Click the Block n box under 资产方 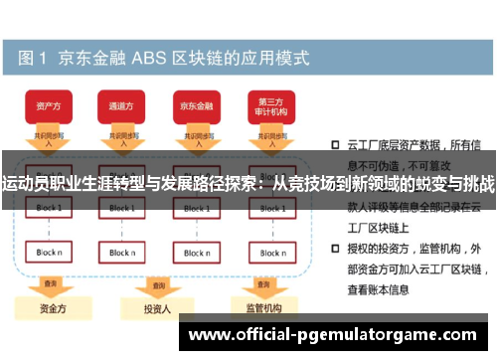49,253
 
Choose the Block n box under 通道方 122,253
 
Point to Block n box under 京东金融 197,253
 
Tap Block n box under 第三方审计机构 271,253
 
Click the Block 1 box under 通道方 122,208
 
